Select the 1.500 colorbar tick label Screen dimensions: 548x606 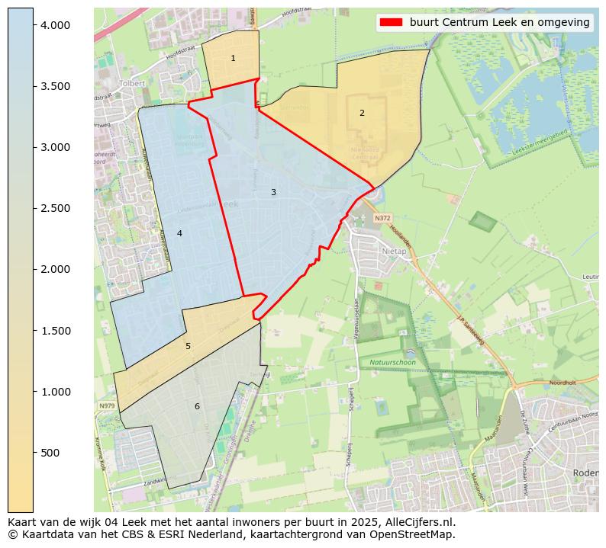tap(56, 331)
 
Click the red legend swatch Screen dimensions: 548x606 tap(391, 22)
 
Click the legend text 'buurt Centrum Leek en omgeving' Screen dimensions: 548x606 tap(499, 22)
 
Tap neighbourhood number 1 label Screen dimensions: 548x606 tap(233, 59)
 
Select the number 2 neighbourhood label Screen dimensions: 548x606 tap(362, 114)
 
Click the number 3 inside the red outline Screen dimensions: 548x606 tap(273, 193)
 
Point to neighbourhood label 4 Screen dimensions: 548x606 tap(179, 234)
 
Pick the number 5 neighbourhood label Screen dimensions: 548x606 tap(188, 347)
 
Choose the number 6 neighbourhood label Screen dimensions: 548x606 tap(197, 407)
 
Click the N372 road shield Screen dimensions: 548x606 tap(382, 218)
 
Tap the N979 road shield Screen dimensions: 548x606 tap(107, 406)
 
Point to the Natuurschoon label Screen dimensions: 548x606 tap(392, 362)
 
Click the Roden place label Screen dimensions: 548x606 tap(585, 473)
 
